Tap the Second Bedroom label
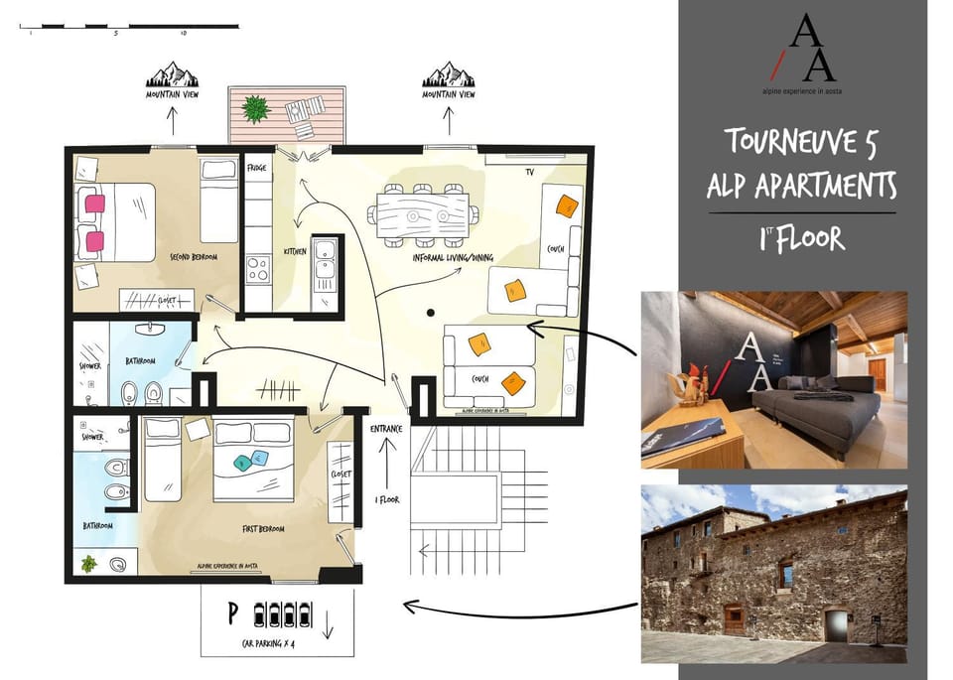point(194,256)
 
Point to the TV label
point(530,172)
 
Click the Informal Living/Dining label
point(453,257)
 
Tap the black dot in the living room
point(430,314)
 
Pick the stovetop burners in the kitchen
point(257,268)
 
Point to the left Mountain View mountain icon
point(172,74)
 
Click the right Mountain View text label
point(448,95)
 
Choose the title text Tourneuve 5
point(801,141)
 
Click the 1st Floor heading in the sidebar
point(801,238)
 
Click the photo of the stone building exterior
point(773,574)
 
